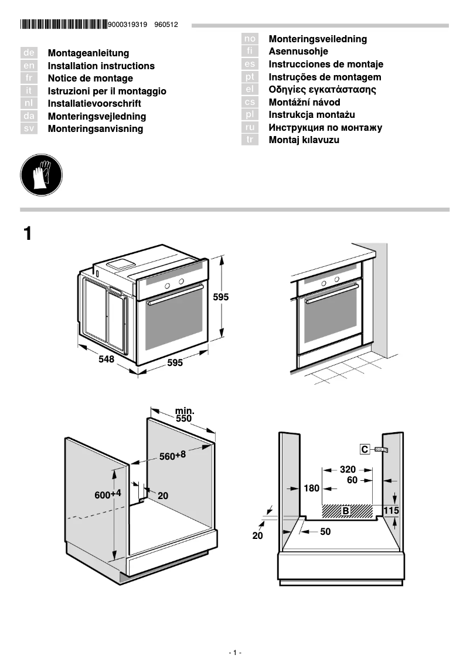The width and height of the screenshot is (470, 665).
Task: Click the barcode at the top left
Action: point(63,25)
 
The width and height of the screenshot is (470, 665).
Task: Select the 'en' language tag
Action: point(29,66)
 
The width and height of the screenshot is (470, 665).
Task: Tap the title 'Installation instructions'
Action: point(101,66)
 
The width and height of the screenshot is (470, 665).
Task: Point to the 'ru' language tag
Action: point(250,127)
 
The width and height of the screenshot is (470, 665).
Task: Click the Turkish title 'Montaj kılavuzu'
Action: point(304,140)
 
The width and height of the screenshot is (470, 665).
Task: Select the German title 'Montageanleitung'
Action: point(88,53)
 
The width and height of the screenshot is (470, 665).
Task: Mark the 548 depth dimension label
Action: point(106,359)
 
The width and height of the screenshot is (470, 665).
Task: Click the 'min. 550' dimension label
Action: point(184,415)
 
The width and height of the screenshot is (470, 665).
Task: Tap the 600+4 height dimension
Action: point(108,494)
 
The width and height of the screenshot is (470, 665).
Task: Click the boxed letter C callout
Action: point(365,449)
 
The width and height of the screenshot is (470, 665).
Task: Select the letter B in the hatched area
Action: point(346,511)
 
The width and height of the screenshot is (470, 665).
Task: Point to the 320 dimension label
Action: point(348,469)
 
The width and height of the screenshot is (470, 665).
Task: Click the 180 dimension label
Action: point(311,488)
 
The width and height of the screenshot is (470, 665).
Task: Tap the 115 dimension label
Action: point(391,511)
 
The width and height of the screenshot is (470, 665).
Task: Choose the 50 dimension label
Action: point(325,532)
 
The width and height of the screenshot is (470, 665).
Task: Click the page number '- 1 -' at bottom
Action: point(234,653)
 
